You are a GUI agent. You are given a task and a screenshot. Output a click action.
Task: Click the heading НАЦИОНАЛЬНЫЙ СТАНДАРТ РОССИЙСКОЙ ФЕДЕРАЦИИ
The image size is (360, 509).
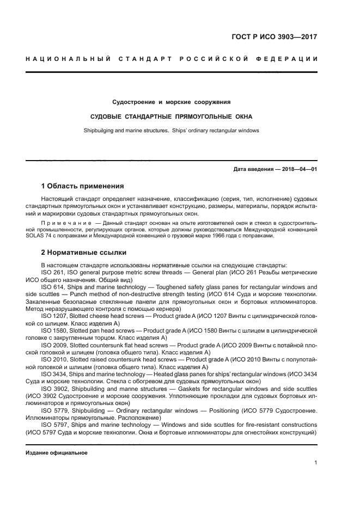coord(172,58)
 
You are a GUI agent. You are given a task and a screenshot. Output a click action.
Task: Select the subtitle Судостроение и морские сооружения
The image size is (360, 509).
coord(172,102)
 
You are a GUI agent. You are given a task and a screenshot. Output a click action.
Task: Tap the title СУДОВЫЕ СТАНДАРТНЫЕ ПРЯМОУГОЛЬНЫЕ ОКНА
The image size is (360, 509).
coord(172,116)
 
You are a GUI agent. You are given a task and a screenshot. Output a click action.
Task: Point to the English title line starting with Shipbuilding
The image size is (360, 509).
coord(172,131)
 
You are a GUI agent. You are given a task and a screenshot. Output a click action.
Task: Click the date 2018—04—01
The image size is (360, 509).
coord(298,169)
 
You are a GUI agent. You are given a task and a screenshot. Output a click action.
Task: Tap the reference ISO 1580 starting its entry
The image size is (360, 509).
coord(53,330)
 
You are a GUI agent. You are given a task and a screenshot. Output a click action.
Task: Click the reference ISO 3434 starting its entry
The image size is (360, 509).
coord(53,374)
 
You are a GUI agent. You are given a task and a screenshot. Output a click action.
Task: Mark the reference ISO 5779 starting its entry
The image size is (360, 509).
coord(53,410)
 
